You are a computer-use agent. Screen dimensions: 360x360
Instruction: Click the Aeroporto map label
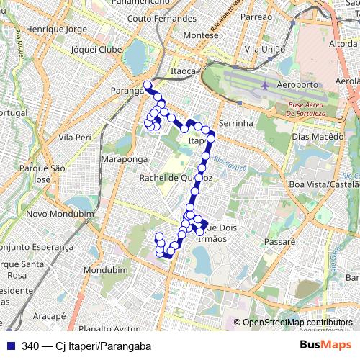[x=297, y=85]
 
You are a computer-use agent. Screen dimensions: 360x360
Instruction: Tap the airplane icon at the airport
[x=266, y=85]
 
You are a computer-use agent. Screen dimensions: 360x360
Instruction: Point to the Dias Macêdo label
[x=315, y=136]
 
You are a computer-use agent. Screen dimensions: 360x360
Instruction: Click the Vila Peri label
[x=75, y=137]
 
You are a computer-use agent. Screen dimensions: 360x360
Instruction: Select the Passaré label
[x=281, y=243]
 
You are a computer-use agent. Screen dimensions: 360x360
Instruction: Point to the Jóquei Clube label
[x=97, y=50]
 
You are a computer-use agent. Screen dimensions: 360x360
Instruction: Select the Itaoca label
[x=184, y=71]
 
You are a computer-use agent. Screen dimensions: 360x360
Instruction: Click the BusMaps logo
[x=326, y=346]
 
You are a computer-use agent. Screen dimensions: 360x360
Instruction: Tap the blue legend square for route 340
[x=11, y=346]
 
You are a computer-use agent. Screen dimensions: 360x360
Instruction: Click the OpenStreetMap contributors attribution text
[x=297, y=323]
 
